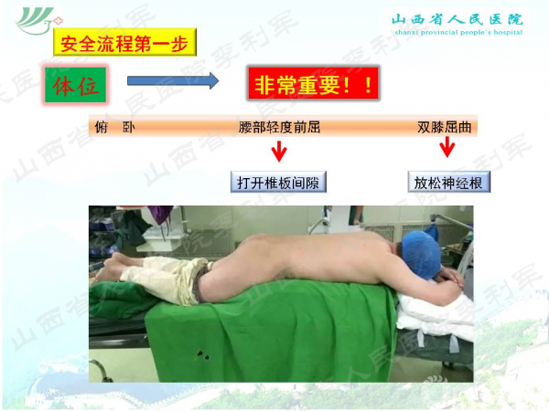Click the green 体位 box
coord(76,85)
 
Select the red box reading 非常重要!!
coord(312,85)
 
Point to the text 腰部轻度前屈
coord(279,127)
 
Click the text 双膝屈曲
coord(446,127)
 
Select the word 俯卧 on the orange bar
coord(113,127)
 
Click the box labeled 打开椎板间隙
coord(278,182)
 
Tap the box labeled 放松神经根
coord(449,182)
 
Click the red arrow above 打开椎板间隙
coord(278,151)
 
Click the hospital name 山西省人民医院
coord(457,17)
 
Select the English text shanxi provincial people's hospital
coord(457,31)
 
